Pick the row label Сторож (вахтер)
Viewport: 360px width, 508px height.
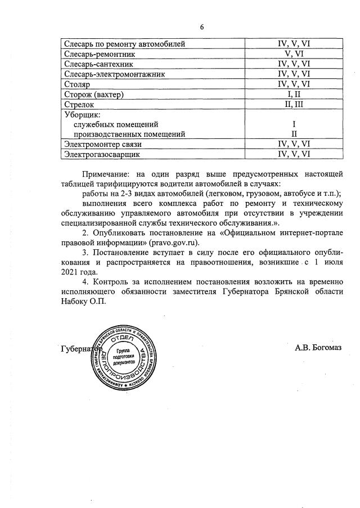click(x=94, y=95)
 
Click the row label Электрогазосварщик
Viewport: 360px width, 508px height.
click(x=102, y=154)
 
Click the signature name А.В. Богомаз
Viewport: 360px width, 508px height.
click(x=318, y=348)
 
